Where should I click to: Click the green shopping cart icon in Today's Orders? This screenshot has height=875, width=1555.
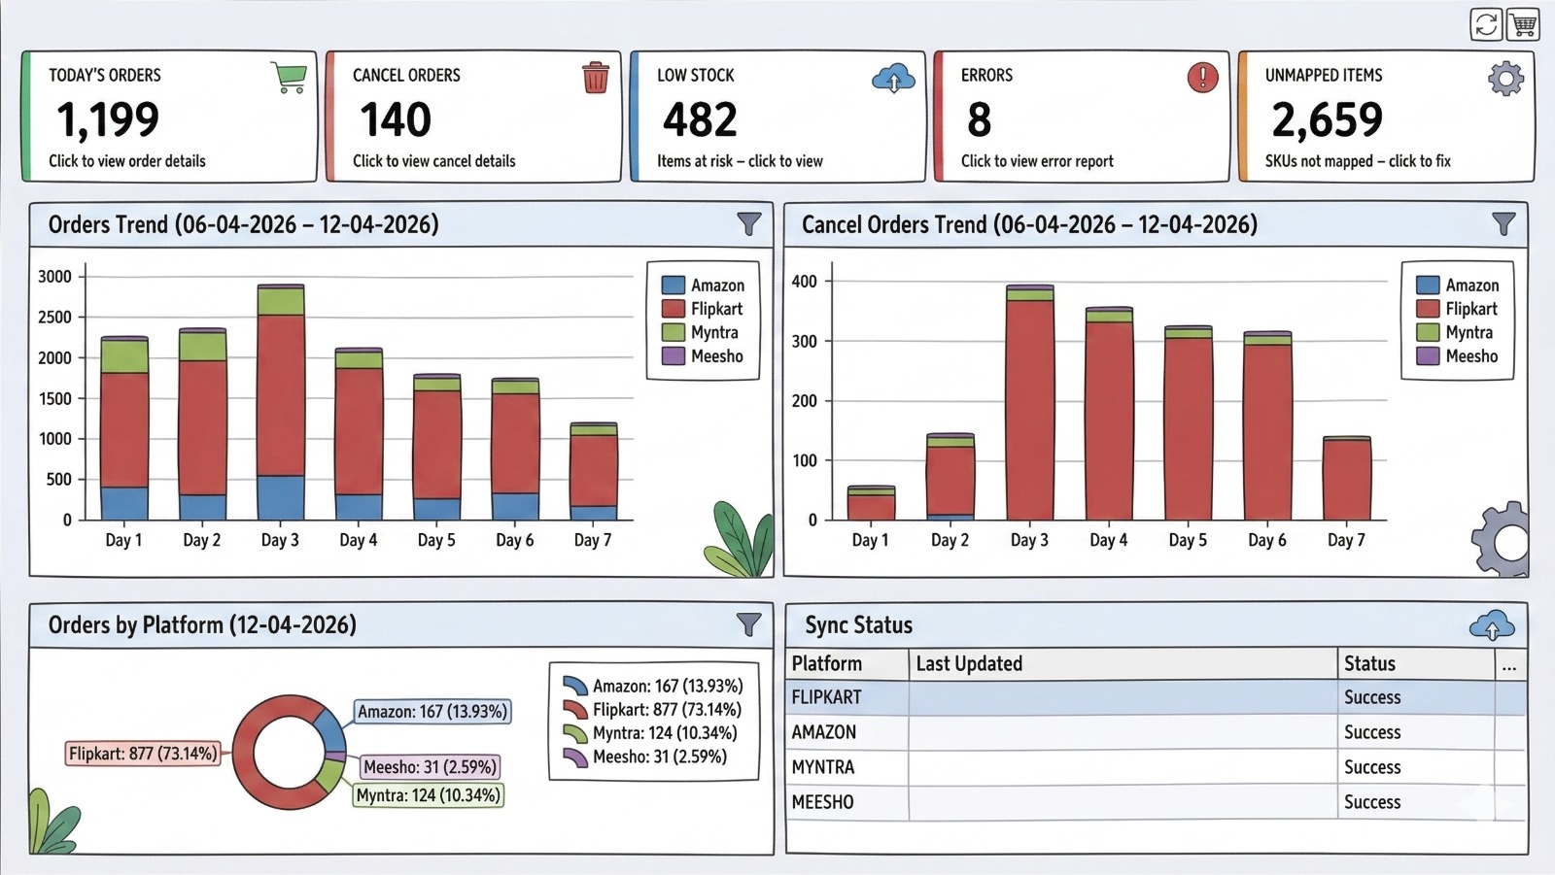tap(290, 78)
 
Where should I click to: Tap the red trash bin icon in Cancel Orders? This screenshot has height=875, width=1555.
tap(595, 78)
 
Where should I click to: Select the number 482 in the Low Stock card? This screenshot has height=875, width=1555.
tap(700, 120)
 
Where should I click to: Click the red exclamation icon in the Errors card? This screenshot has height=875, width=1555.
tap(1202, 77)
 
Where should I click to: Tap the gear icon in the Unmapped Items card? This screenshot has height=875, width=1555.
tap(1505, 78)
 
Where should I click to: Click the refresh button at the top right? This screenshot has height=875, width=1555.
tap(1486, 24)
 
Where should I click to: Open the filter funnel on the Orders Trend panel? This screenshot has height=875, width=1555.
tap(748, 224)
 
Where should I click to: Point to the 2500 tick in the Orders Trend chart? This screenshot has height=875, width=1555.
tap(54, 318)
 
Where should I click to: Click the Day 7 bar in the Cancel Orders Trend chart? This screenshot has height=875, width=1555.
tap(1346, 479)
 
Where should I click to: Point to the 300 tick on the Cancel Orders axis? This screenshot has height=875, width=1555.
tap(805, 342)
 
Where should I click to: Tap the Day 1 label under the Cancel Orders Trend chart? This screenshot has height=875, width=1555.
tap(870, 540)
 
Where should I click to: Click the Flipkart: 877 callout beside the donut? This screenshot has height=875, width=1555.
tap(143, 754)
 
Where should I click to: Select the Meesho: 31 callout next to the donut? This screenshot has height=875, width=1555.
tap(430, 767)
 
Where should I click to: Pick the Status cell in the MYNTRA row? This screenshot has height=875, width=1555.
tap(1371, 767)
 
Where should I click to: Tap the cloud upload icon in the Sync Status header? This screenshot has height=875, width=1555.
tap(1491, 626)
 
